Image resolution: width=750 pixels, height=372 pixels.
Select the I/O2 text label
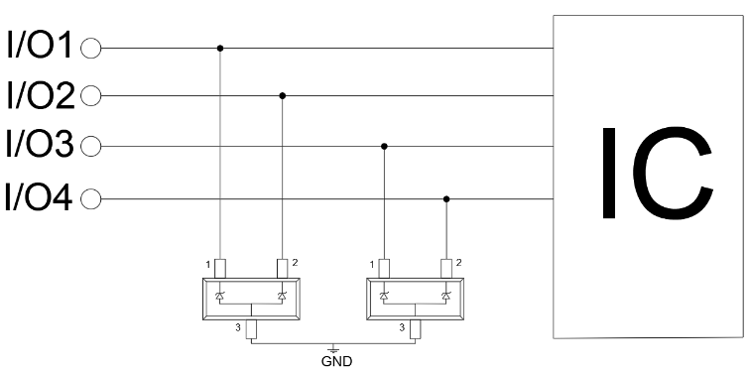point(41,94)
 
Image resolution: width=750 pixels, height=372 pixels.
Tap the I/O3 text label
point(40,144)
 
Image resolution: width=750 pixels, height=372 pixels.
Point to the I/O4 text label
point(39,196)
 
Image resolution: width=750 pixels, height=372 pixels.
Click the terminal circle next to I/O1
point(91,49)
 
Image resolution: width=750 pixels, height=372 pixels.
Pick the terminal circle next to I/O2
point(91,95)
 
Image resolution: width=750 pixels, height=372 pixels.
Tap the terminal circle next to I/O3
point(91,146)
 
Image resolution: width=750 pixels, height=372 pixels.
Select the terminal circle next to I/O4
point(91,199)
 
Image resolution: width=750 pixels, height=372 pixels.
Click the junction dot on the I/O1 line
point(220,49)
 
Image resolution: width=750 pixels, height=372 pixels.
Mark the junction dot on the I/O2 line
point(282,95)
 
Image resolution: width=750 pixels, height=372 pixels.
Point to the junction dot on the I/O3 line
point(384,146)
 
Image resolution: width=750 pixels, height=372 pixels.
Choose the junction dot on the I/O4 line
point(446,199)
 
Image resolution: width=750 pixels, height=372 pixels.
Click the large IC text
point(657,174)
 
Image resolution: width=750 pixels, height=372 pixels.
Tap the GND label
point(336,361)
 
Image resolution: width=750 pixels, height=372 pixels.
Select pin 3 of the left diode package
point(251,329)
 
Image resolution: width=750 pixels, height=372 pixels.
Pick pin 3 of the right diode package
point(415,329)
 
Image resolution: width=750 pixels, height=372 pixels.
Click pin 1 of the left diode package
point(219,269)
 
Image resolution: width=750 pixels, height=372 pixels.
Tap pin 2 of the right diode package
point(446,269)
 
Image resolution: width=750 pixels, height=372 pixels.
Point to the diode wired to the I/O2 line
point(282,297)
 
